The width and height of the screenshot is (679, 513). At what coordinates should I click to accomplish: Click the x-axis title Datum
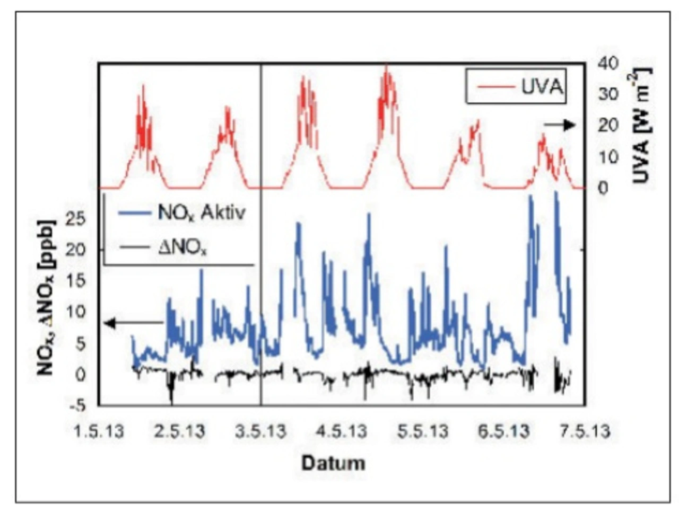pyautogui.click(x=334, y=463)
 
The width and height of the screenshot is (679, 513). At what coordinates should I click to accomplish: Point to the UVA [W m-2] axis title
pyautogui.click(x=641, y=126)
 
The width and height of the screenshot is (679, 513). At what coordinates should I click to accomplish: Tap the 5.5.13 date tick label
pyautogui.click(x=423, y=431)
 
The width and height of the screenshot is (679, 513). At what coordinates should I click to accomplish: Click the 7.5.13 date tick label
pyautogui.click(x=586, y=431)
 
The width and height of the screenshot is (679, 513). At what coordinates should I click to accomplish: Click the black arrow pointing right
pyautogui.click(x=560, y=125)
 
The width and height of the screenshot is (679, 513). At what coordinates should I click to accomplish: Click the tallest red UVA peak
pyautogui.click(x=387, y=67)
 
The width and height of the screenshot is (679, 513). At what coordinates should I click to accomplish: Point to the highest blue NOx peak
pyautogui.click(x=555, y=193)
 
